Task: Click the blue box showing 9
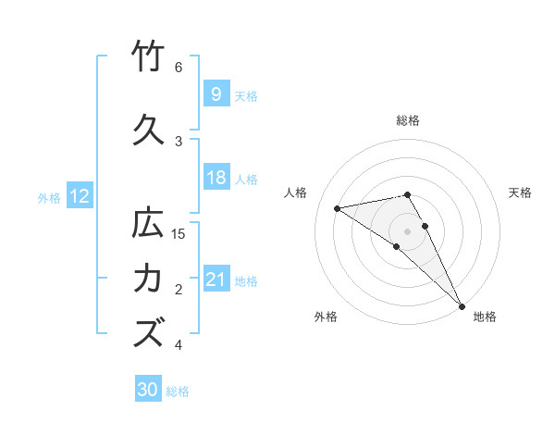click(x=216, y=93)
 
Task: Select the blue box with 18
click(x=216, y=178)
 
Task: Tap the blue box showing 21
click(x=216, y=280)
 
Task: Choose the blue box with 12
click(x=79, y=196)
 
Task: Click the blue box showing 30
click(x=148, y=390)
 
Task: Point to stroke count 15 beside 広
click(x=179, y=233)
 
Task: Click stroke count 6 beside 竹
click(x=179, y=68)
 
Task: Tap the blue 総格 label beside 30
click(x=178, y=391)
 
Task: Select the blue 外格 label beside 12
click(x=49, y=197)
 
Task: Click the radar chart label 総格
click(x=408, y=120)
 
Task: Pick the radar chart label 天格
click(x=521, y=193)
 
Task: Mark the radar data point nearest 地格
click(x=462, y=304)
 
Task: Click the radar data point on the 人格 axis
click(x=338, y=208)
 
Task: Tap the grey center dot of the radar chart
click(x=408, y=230)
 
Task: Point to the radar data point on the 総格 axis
click(x=408, y=194)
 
